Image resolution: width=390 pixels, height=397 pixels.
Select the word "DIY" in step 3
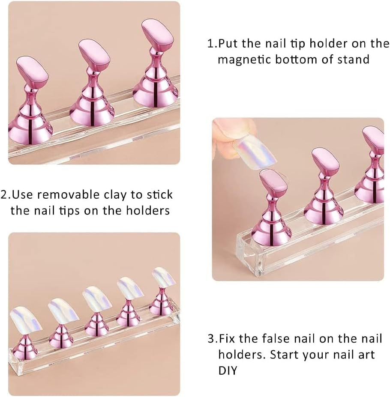click(228, 369)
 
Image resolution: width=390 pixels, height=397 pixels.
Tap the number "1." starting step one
click(212, 44)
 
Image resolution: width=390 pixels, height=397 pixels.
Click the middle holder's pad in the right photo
click(326, 162)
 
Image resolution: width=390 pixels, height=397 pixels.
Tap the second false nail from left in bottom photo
click(63, 309)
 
